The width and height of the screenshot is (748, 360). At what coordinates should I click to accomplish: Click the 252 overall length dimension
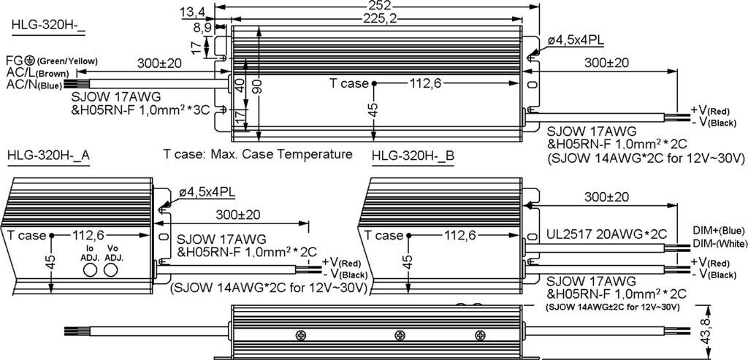click(x=380, y=6)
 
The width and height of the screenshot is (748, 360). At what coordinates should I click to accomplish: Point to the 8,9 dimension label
click(x=202, y=28)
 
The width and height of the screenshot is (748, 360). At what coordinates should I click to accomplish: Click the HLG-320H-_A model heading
click(x=49, y=157)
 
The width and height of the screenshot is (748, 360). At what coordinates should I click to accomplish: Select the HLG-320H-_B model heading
click(x=413, y=157)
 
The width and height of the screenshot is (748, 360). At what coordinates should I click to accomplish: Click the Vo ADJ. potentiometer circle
click(x=111, y=270)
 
